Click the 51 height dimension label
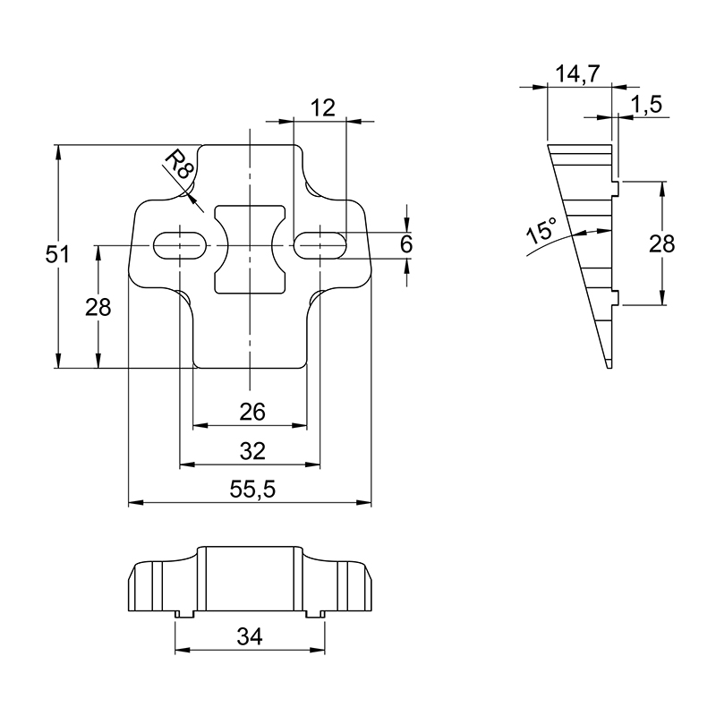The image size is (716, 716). click(57, 255)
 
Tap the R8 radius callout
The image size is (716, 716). click(177, 166)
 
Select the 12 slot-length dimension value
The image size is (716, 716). click(323, 108)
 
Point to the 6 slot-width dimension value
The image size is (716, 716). click(406, 244)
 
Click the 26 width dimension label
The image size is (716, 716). click(252, 413)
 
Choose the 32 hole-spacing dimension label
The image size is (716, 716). click(252, 452)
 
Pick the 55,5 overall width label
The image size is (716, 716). click(252, 490)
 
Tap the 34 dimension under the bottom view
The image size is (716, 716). click(250, 636)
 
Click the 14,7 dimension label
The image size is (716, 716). click(576, 74)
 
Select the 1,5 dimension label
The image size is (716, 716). click(646, 105)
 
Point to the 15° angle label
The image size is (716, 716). click(542, 230)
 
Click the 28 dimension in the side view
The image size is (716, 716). click(661, 244)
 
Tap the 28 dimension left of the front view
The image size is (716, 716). click(98, 307)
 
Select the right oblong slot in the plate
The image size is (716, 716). click(320, 246)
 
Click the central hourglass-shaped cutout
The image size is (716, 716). click(250, 249)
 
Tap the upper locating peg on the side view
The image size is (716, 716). click(615, 188)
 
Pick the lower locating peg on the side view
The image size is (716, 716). click(615, 297)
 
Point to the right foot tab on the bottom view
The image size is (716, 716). click(316, 615)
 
